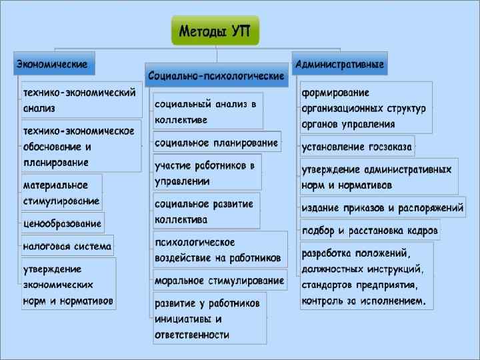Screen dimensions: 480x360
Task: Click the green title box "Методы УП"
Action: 215,31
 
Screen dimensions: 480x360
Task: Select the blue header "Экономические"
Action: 54,64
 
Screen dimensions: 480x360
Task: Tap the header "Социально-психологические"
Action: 216,75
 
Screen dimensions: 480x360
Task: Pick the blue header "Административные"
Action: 339,64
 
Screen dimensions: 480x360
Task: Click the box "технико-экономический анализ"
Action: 79,99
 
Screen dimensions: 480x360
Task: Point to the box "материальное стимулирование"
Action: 61,192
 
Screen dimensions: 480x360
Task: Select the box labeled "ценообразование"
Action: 63,223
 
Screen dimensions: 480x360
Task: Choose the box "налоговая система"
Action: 67,245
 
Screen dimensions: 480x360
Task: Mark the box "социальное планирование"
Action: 216,142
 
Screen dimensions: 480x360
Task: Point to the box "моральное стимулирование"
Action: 219,280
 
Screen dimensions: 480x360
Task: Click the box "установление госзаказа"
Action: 357,146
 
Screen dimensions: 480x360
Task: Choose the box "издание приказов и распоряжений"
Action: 381,207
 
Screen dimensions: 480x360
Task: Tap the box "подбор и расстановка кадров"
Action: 370,230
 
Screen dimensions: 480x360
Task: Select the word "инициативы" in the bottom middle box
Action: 184,319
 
